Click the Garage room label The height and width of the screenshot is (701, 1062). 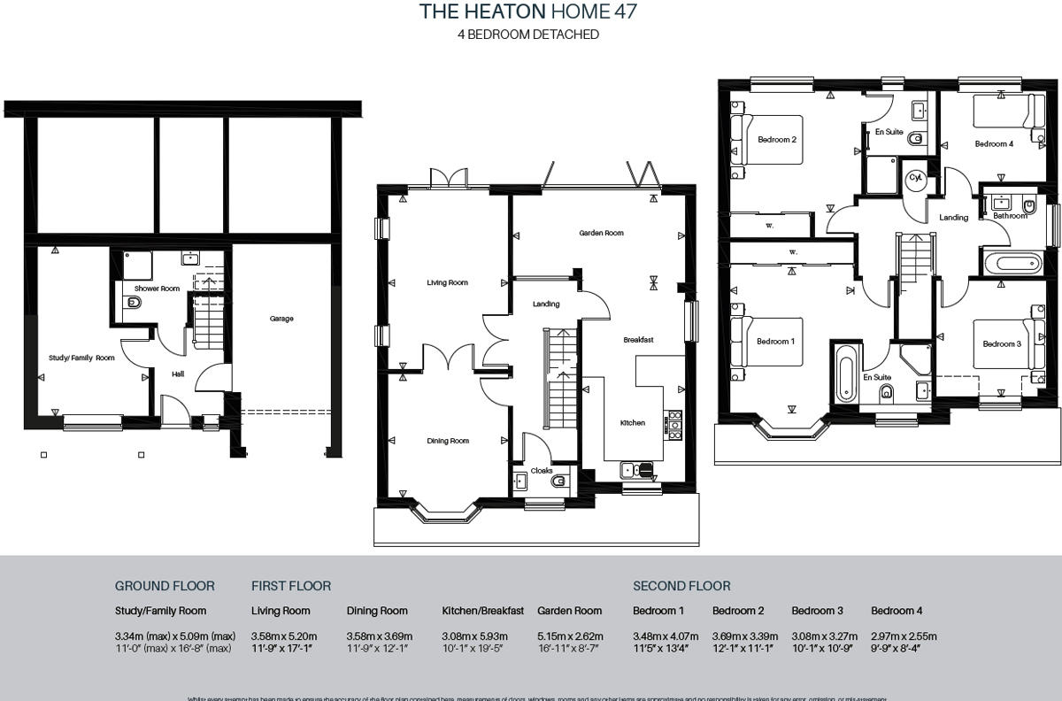(x=281, y=319)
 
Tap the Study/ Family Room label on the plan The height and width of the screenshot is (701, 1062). (x=81, y=358)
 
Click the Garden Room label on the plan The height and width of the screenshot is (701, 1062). (x=601, y=234)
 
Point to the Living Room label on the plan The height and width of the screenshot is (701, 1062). (x=447, y=283)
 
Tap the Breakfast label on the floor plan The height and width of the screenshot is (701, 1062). (x=638, y=340)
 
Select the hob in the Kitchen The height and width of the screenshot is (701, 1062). (x=675, y=425)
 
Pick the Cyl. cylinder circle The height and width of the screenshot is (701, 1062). (x=916, y=178)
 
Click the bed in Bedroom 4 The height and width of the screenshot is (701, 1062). (x=1005, y=112)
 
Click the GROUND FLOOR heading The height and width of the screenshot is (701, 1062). (x=165, y=586)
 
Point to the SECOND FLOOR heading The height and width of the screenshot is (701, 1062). (x=681, y=586)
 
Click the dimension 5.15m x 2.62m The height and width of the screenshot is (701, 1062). (x=570, y=636)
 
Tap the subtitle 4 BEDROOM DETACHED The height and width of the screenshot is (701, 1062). (x=527, y=35)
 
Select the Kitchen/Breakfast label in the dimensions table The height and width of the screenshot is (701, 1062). (x=482, y=611)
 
